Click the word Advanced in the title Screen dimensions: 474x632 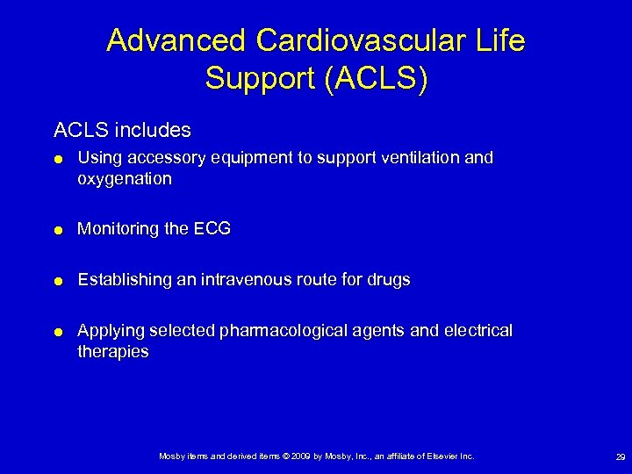point(176,41)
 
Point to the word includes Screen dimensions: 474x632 point(155,130)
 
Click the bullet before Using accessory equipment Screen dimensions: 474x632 point(57,159)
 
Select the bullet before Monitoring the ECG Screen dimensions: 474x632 point(57,230)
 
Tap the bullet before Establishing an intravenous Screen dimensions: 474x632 point(57,281)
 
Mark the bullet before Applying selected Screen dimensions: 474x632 point(57,332)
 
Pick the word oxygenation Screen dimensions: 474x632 point(125,179)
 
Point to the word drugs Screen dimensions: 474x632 point(389,280)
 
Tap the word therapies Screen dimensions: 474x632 point(113,352)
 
